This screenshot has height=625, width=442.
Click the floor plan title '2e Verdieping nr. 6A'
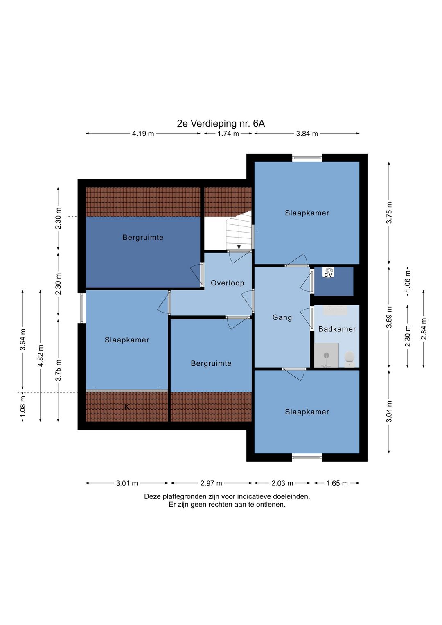click(221, 123)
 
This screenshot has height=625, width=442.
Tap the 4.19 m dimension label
click(143, 134)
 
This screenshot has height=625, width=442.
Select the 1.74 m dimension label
click(228, 134)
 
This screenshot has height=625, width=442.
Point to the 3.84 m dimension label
click(307, 134)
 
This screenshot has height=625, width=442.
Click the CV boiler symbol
click(329, 272)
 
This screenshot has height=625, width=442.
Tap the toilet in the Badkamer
click(349, 358)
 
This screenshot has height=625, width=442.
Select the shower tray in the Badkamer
click(326, 356)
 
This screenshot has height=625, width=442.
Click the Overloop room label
click(227, 283)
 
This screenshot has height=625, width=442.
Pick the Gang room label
click(282, 317)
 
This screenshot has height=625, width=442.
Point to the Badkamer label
click(337, 329)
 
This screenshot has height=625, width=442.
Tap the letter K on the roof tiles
click(127, 407)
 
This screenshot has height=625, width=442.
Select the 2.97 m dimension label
click(211, 483)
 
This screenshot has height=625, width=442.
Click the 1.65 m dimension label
click(337, 483)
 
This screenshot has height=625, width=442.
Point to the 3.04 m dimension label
click(389, 412)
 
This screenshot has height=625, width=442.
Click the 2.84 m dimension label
click(424, 329)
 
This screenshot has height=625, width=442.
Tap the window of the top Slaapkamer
click(307, 158)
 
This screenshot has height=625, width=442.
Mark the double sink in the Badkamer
click(335, 310)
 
